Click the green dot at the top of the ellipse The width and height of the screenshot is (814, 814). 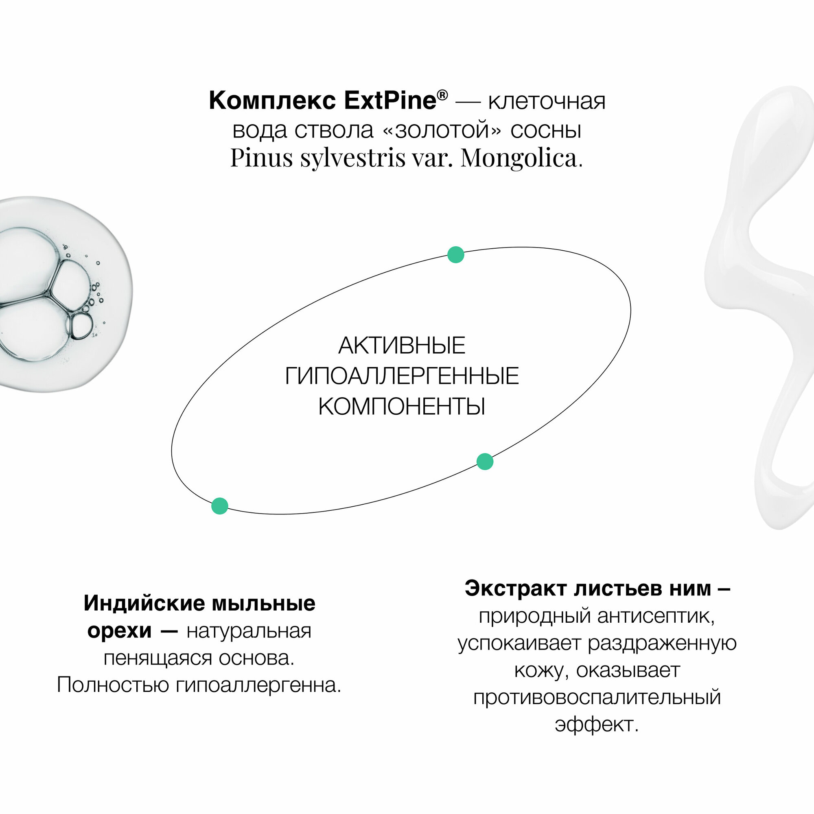click(455, 255)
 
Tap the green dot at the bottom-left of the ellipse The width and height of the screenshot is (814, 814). click(219, 505)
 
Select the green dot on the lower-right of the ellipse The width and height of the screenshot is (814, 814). click(485, 462)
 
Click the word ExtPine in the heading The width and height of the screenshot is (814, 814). click(390, 101)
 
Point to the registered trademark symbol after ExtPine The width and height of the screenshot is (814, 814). click(442, 95)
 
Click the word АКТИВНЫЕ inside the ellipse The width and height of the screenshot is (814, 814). click(402, 346)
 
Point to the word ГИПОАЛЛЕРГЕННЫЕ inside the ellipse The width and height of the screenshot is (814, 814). click(402, 376)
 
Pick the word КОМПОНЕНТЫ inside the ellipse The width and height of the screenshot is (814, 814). click(402, 407)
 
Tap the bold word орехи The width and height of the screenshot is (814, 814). click(119, 631)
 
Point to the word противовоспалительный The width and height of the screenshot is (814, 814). click(597, 697)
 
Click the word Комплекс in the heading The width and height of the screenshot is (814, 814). click(272, 101)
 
